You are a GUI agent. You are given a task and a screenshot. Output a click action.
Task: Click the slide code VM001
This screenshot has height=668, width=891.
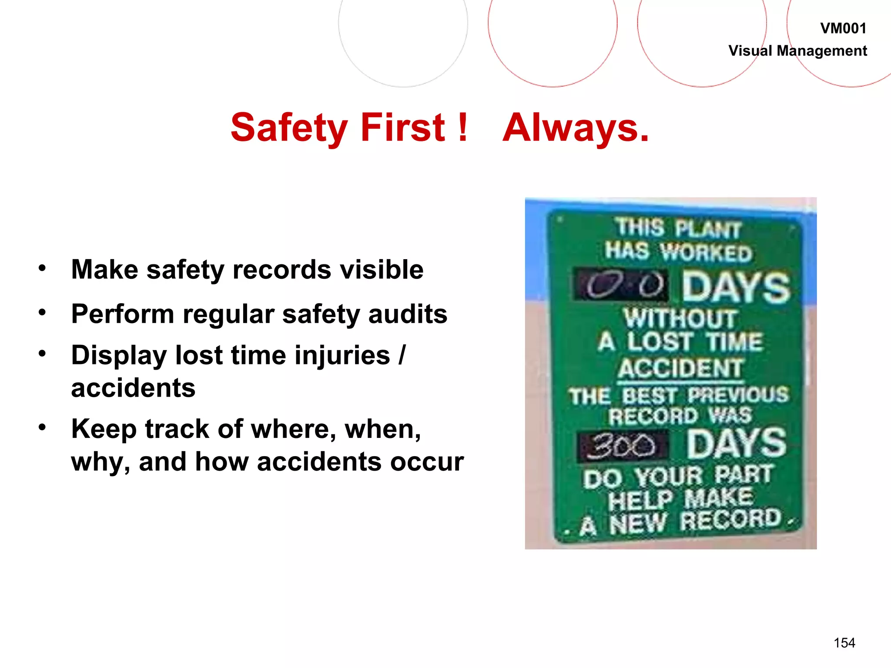[843, 29]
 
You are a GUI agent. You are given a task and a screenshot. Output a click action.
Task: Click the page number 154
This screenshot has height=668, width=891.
[844, 643]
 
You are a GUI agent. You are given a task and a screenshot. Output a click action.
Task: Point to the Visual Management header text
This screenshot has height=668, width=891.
[797, 51]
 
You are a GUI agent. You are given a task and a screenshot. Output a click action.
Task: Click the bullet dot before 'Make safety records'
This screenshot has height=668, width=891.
[42, 268]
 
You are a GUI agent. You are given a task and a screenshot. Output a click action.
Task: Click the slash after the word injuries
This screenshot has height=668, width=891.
[402, 355]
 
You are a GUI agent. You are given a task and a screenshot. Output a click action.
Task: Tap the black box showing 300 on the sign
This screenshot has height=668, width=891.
[622, 446]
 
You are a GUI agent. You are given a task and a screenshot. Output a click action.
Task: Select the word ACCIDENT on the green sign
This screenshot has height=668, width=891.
[680, 368]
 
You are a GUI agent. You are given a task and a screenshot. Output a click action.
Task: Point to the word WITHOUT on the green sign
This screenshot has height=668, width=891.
[680, 318]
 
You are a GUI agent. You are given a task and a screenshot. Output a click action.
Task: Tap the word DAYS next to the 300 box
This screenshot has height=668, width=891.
[737, 444]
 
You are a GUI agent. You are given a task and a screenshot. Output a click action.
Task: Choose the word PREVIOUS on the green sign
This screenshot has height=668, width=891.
[738, 395]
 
